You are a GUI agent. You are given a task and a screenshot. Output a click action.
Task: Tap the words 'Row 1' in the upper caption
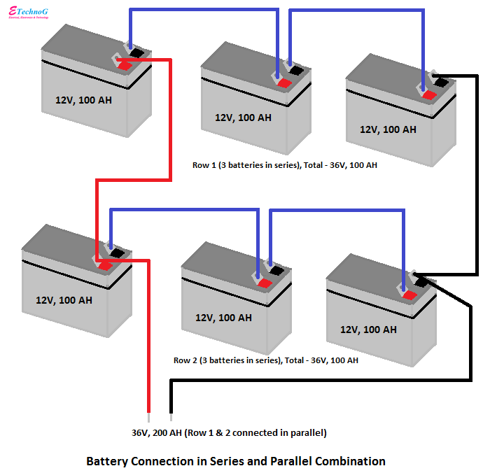tap(204, 166)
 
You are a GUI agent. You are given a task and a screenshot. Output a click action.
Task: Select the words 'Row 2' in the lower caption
tap(185, 360)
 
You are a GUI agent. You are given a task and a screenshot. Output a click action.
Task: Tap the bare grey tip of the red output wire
tap(148, 407)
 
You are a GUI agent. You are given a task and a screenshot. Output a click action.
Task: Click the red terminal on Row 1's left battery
tap(125, 66)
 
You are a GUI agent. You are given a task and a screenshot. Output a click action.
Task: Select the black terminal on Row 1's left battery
tap(137, 52)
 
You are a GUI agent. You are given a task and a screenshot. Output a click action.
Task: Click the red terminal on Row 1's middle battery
tap(284, 83)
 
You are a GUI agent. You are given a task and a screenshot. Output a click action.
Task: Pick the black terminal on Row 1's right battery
tap(441, 82)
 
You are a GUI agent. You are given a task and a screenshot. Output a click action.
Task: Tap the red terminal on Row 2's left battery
tap(106, 266)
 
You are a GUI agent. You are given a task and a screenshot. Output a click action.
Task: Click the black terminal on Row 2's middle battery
tap(277, 270)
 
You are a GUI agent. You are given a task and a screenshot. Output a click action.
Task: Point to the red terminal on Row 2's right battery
tap(409, 295)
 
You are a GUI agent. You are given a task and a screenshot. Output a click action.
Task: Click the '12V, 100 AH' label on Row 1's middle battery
tap(243, 118)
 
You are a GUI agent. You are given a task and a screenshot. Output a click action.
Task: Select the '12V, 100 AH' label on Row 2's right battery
tap(368, 329)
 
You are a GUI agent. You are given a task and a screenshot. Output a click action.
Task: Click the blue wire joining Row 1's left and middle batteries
tap(203, 10)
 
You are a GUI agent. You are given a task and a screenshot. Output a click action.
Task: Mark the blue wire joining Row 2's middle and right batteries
tap(336, 209)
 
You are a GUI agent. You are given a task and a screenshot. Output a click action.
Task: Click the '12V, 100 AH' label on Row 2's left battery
tap(64, 299)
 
